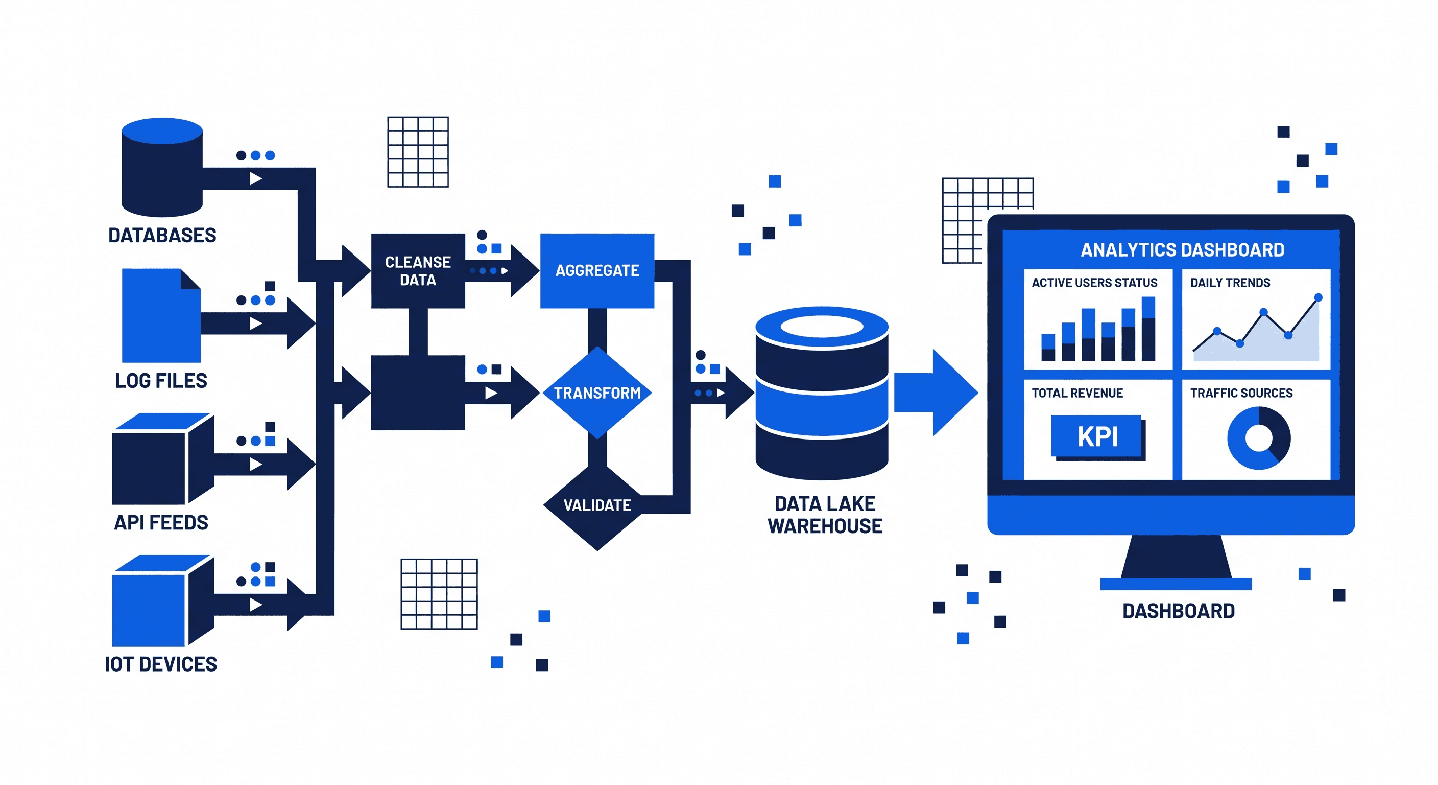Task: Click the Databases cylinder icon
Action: [x=162, y=168]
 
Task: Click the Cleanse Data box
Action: [x=418, y=271]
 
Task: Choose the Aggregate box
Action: [x=597, y=271]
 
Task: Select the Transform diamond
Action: [x=597, y=393]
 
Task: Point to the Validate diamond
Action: [x=597, y=505]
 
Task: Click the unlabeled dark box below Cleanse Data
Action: [x=418, y=393]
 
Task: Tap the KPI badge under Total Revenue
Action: [x=1097, y=436]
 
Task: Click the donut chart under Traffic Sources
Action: [x=1258, y=438]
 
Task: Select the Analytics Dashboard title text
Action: [x=1182, y=250]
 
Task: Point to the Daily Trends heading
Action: [x=1230, y=283]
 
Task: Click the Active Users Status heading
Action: [x=1094, y=283]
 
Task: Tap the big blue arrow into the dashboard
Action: [x=935, y=393]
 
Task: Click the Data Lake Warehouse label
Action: [x=825, y=515]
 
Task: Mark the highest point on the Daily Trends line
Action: [x=1318, y=297]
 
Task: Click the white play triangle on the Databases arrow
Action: [x=256, y=179]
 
